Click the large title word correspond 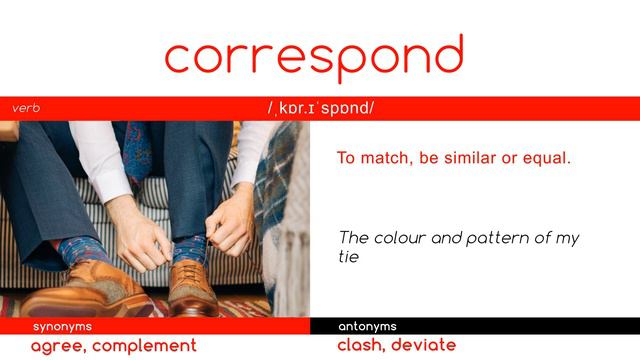point(314,57)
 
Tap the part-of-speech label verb point(26,108)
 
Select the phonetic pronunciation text point(320,108)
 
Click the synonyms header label point(62,326)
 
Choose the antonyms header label point(367,326)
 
